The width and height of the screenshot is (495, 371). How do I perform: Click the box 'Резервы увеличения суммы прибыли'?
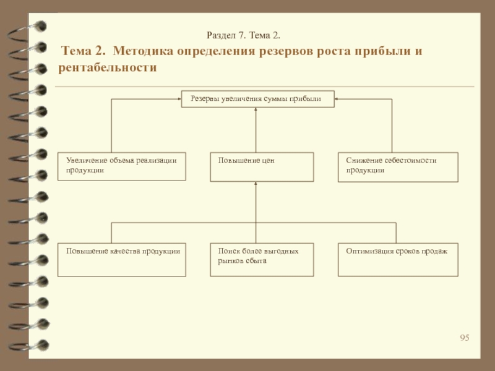(x=257, y=99)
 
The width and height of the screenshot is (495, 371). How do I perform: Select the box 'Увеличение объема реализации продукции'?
(x=121, y=166)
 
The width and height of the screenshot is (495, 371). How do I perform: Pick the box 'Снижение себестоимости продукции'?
(x=398, y=166)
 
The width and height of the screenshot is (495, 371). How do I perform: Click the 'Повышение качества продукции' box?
(x=121, y=259)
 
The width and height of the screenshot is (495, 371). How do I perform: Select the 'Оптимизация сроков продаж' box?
(x=398, y=259)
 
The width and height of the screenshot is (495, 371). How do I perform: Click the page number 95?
(x=465, y=337)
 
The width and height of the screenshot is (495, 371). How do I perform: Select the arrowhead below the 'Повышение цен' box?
(x=256, y=184)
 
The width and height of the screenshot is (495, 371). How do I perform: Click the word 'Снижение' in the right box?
(x=361, y=161)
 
